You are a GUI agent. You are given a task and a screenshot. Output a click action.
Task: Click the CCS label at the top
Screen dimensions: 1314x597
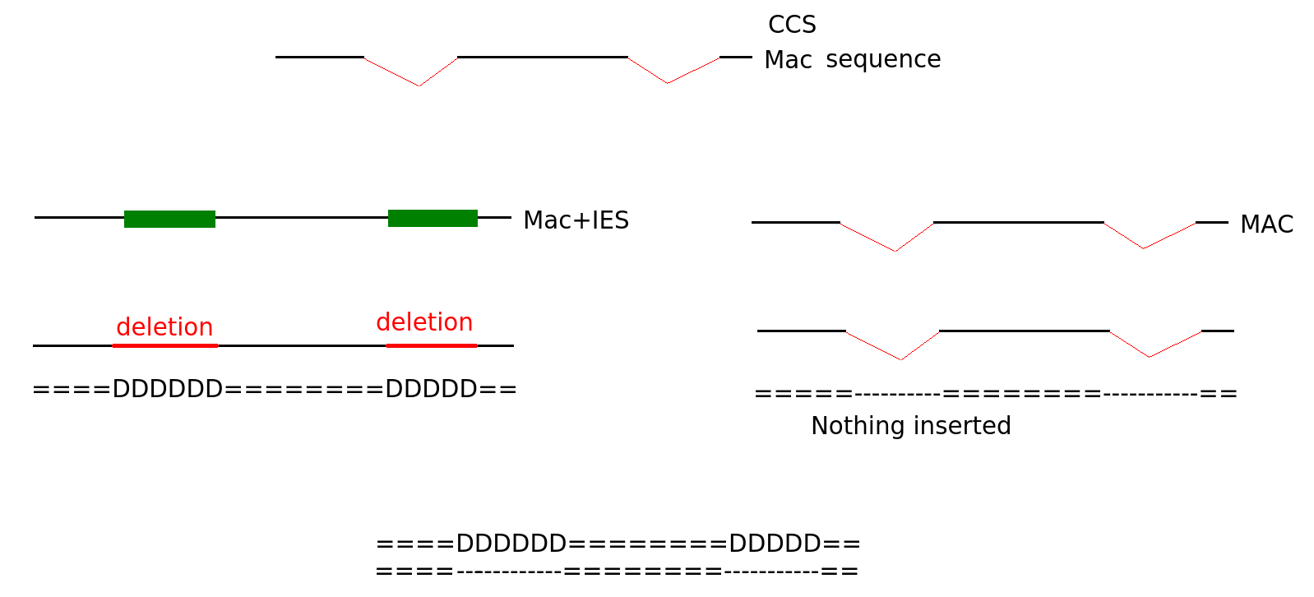[x=792, y=25]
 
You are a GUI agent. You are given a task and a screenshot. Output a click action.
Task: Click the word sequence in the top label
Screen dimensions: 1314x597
[x=883, y=59]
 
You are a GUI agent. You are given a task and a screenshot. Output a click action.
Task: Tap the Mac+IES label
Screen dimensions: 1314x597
[x=576, y=220]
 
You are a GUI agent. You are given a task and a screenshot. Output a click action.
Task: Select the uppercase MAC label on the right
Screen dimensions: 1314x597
[x=1266, y=224]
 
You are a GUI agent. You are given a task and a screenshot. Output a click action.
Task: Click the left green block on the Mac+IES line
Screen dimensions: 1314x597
[x=169, y=219]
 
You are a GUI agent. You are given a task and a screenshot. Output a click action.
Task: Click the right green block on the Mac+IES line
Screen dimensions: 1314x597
[x=433, y=218]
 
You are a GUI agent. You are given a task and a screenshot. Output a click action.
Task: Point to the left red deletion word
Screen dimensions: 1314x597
[x=164, y=327]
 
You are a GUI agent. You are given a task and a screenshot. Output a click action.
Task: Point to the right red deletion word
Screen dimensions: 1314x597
[x=424, y=322]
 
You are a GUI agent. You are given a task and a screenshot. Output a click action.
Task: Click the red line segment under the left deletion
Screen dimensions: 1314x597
[x=164, y=346]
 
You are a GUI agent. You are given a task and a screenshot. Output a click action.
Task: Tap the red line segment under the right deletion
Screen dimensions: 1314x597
[x=431, y=346]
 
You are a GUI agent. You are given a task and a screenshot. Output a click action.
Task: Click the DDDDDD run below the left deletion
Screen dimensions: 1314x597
[x=167, y=389]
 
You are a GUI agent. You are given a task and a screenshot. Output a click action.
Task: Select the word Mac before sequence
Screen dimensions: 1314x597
[x=788, y=60]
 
